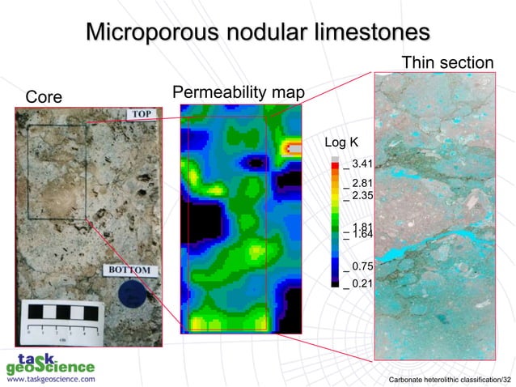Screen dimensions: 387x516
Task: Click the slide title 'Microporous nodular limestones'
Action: coord(257,33)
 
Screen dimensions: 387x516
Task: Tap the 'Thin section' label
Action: coord(446,62)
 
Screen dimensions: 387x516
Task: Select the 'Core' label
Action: coord(45,97)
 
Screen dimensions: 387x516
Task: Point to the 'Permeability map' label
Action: coord(238,93)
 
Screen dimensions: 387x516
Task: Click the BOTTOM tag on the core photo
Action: coord(130,270)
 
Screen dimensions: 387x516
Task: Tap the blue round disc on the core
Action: coord(130,294)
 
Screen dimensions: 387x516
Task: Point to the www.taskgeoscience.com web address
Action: coord(50,378)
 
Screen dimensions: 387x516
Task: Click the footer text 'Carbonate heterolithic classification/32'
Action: coord(450,379)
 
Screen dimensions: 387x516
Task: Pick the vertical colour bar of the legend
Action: coord(336,223)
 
